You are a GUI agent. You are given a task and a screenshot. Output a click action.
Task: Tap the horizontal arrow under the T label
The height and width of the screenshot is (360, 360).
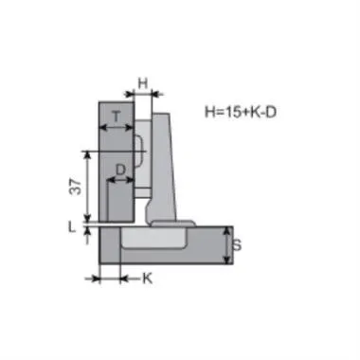116,130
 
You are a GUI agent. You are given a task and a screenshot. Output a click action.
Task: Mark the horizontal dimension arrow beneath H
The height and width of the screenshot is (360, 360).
143,95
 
